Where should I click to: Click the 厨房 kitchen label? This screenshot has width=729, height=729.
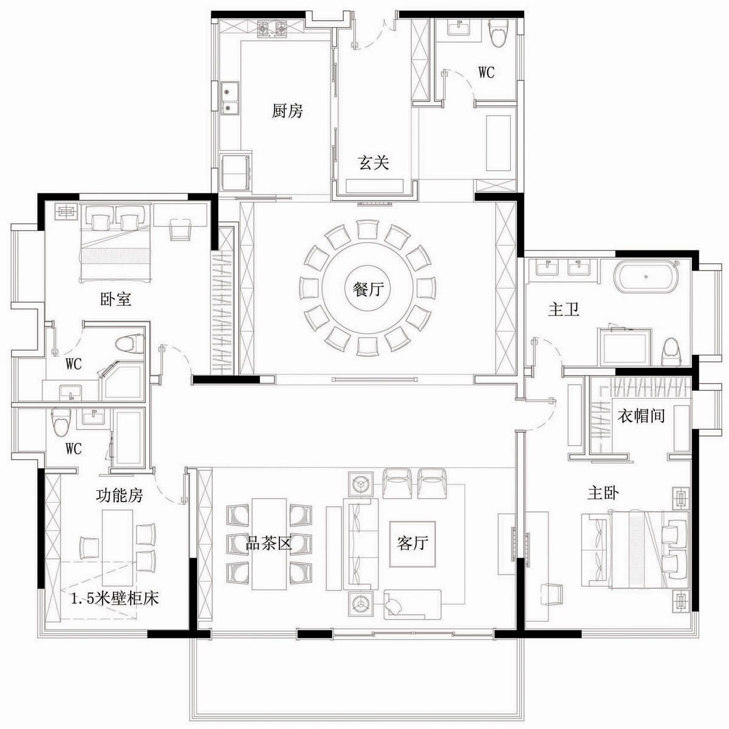(x=287, y=111)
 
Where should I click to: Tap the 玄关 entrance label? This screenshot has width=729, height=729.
(x=374, y=162)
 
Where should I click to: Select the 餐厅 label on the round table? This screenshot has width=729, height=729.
(x=368, y=289)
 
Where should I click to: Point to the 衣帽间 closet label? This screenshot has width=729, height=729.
(x=641, y=416)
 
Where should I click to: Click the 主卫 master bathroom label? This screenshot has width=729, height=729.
(x=564, y=309)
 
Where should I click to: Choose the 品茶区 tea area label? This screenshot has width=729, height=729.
(x=269, y=543)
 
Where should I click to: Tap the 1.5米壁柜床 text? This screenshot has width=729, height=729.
(x=115, y=598)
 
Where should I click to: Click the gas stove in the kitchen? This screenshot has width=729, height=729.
(x=272, y=30)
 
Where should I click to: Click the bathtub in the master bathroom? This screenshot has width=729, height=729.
(x=647, y=276)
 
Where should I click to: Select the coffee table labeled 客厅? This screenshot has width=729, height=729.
(x=412, y=544)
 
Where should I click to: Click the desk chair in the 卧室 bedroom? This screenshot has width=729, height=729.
(x=180, y=229)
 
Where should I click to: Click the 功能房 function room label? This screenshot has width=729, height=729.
(x=119, y=495)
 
